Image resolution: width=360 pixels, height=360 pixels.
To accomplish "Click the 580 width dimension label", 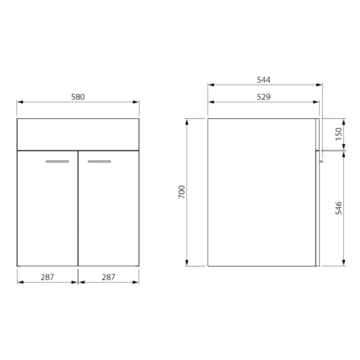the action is click(x=78, y=97).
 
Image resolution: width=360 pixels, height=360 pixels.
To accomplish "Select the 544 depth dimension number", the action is click(x=264, y=80).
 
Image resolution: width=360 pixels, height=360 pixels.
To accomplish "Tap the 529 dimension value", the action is click(x=264, y=97).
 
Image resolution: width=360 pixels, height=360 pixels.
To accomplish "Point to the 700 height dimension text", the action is click(x=182, y=192).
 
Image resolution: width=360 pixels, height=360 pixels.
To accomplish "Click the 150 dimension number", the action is click(x=339, y=134).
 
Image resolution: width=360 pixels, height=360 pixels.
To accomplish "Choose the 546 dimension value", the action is click(x=339, y=208).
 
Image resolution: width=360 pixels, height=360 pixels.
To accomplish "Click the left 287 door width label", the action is click(x=47, y=277).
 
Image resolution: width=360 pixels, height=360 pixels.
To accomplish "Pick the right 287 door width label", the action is click(x=108, y=277).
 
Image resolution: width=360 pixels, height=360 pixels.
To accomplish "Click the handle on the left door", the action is click(x=57, y=162).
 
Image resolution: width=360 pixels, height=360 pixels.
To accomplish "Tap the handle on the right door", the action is click(x=99, y=162).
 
